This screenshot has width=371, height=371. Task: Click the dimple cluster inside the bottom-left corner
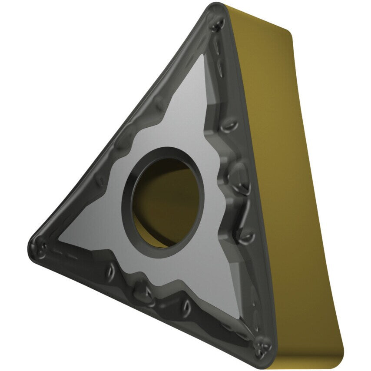(43, 248)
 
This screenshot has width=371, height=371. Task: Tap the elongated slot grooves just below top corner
(222, 56)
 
